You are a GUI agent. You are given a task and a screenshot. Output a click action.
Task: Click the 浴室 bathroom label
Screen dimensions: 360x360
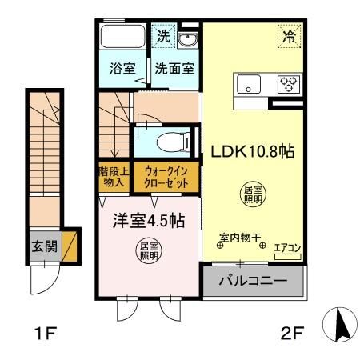pos(122,69)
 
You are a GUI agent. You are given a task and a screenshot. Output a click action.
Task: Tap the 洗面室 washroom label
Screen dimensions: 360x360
pos(174,69)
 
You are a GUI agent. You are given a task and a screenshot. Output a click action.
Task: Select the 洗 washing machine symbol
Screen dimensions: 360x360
pos(162,36)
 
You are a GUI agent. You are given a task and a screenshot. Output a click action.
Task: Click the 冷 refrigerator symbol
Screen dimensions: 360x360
pos(290,36)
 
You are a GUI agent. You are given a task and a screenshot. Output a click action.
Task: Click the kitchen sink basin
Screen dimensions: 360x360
pos(249,83)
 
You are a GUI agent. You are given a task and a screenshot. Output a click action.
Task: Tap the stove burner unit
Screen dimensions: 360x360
pos(288,83)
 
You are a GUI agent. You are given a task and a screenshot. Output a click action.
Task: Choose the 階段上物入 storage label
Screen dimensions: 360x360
pos(112,175)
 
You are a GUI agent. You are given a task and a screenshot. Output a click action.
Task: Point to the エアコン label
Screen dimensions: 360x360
pos(286,249)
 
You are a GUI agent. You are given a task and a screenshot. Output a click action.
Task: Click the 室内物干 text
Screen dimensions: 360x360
pos(240,238)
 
